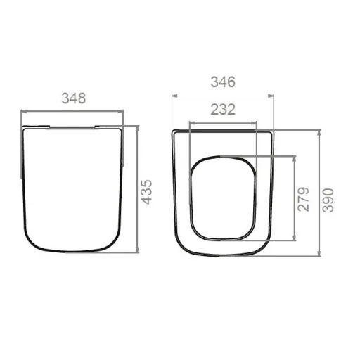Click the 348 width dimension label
click(x=74, y=98)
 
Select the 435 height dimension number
click(x=147, y=192)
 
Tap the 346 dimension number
click(x=223, y=82)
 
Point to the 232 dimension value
click(x=223, y=110)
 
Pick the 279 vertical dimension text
click(x=304, y=199)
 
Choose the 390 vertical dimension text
click(x=328, y=200)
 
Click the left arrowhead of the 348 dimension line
click(x=24, y=112)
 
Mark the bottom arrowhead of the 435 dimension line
click(x=138, y=250)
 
